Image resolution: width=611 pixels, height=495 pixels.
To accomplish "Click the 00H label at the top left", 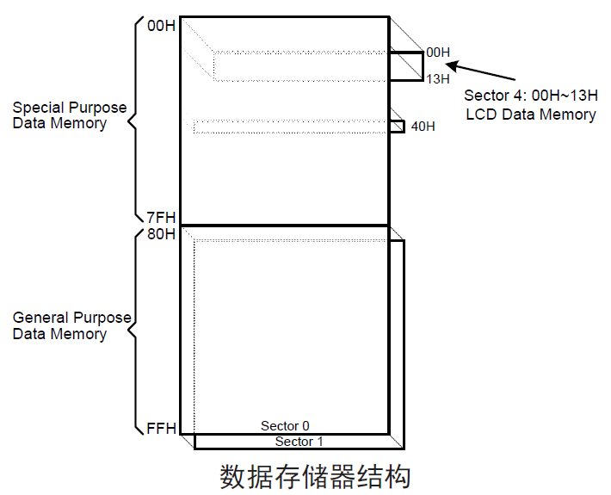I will click(x=161, y=26).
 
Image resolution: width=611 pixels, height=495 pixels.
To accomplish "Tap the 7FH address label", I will click(x=160, y=217).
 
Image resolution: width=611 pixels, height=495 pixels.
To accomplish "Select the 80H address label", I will click(x=161, y=234).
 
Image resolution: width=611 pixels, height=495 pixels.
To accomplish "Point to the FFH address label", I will click(x=161, y=427).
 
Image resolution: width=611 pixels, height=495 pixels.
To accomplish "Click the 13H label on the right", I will click(x=438, y=79).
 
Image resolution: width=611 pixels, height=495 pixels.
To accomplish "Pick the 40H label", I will click(x=423, y=127).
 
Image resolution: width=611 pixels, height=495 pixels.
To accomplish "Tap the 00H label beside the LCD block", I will click(x=438, y=53).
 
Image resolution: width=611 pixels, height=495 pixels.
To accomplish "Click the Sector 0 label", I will click(x=285, y=426).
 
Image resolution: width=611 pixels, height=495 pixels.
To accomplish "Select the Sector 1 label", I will click(x=299, y=442).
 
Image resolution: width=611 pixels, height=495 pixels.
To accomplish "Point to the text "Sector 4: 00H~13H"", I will click(x=530, y=96).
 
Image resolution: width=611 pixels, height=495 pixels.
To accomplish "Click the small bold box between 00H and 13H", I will click(x=407, y=66).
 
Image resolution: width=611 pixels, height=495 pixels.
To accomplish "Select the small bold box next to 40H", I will click(x=398, y=127).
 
